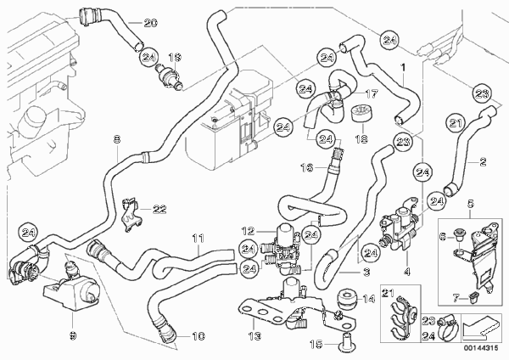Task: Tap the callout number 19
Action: click(x=175, y=57)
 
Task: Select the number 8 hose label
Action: click(x=117, y=138)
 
